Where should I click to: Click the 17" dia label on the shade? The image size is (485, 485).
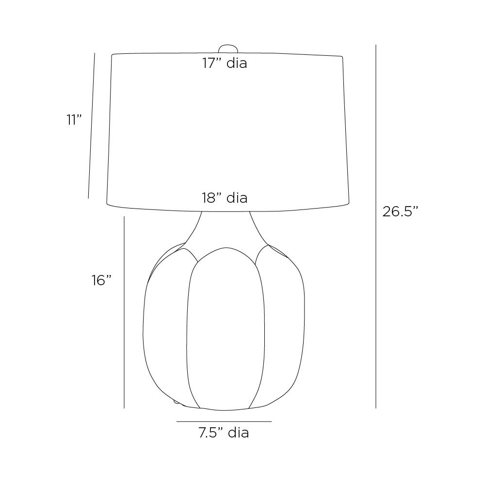tap(225, 63)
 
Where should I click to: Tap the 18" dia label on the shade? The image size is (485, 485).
tap(225, 198)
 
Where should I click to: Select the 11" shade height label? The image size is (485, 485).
tap(74, 120)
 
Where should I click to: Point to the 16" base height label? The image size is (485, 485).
tap(101, 280)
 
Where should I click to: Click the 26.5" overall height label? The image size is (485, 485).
tap(400, 211)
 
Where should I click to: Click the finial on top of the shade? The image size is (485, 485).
tap(228, 49)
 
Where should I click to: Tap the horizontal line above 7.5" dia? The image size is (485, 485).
tap(224, 421)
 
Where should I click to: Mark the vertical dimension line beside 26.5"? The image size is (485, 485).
tap(376, 226)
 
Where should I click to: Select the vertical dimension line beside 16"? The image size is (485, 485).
tap(124, 312)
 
